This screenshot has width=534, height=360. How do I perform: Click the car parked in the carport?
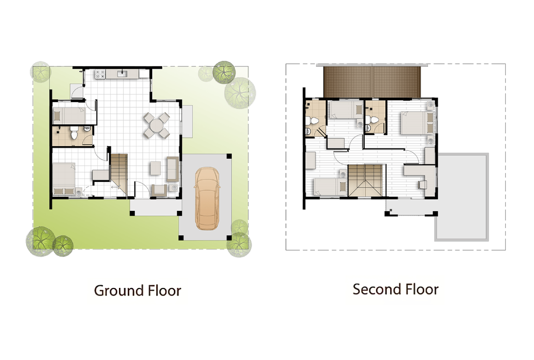[207, 198]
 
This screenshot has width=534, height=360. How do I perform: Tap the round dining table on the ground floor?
[156, 126]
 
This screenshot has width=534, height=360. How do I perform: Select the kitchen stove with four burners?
[100, 74]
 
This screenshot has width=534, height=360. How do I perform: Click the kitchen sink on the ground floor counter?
[122, 74]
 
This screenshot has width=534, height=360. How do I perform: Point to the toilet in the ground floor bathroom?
[74, 133]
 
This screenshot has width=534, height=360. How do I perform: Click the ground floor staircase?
[119, 175]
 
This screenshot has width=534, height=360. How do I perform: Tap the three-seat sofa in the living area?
[172, 169]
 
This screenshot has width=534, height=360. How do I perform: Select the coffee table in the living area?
[155, 168]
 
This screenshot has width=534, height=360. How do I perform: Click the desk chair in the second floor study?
[423, 185]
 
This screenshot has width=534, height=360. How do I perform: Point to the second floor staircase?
[367, 180]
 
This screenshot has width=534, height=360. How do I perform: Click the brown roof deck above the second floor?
[372, 82]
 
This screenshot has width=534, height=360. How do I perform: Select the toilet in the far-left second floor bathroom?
[312, 120]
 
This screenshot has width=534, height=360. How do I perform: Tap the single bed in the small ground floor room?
[69, 115]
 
